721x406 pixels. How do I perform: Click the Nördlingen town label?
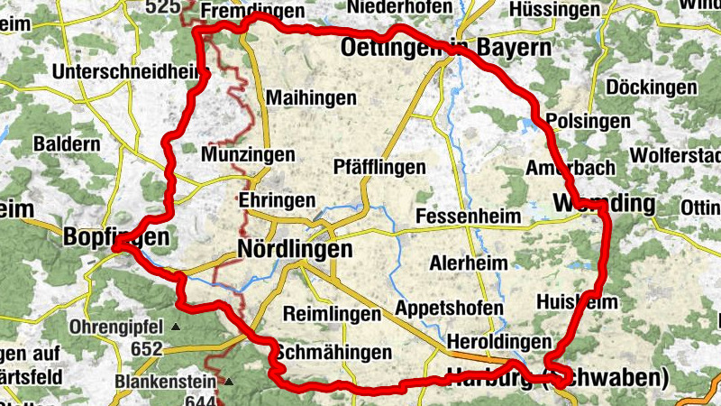294,250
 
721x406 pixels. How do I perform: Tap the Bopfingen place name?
116,236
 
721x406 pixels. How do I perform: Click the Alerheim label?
468,263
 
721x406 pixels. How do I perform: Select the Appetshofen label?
449,308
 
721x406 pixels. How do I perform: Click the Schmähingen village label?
334,352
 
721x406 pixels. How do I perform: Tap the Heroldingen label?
498,342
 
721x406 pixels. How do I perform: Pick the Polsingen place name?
576,122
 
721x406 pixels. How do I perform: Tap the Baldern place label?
66,143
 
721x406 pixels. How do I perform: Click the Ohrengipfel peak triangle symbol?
176,327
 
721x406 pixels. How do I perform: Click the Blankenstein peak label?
167,382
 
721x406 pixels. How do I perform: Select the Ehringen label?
277,199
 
